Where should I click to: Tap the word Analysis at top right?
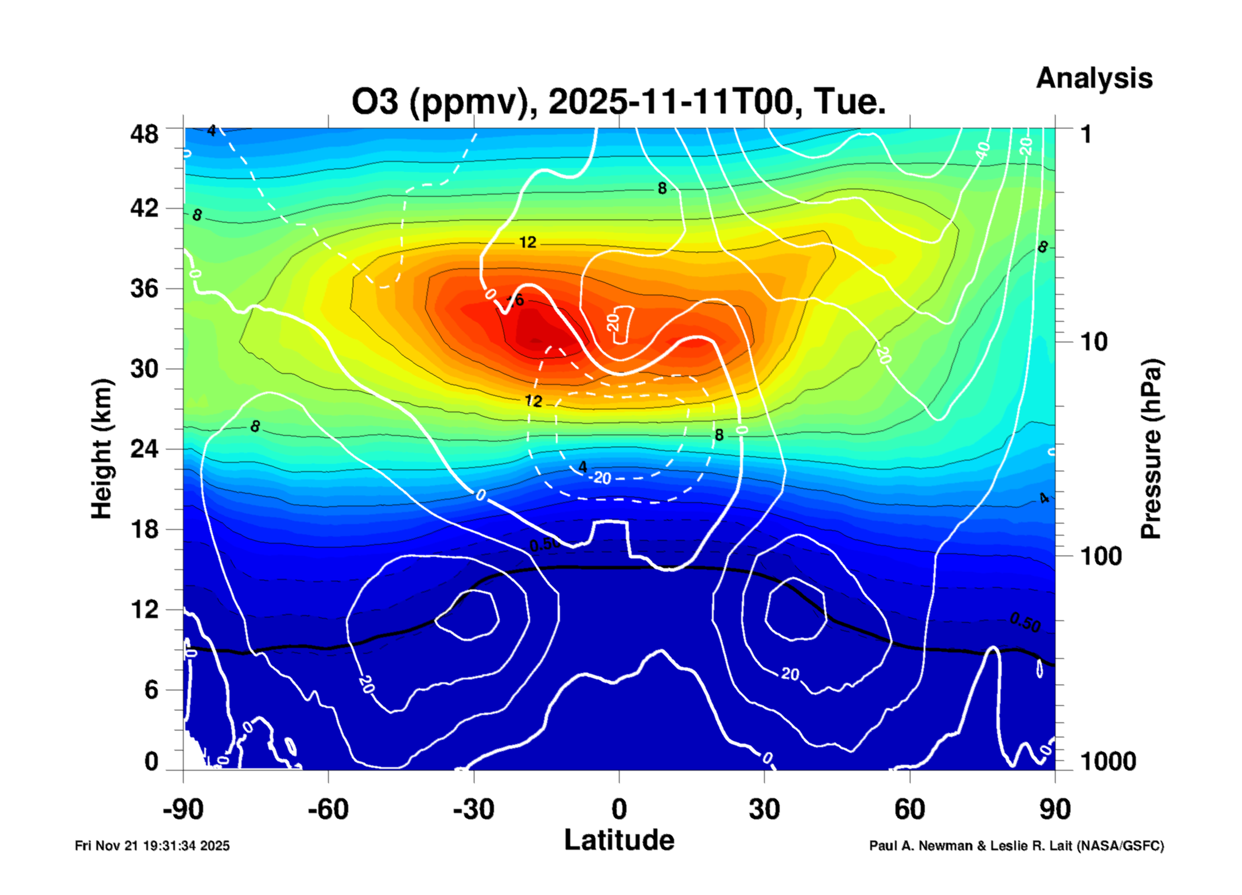point(1093,78)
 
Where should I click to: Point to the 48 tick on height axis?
point(144,134)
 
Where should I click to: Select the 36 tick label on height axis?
point(144,288)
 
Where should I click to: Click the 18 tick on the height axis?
point(144,529)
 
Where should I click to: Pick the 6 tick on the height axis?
point(151,690)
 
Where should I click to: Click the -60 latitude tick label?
point(328,810)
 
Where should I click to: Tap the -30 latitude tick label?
point(473,810)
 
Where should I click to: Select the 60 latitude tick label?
point(909,810)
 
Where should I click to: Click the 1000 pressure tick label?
point(1108,761)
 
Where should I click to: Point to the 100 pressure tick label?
point(1101,556)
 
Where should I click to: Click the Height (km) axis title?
point(102,449)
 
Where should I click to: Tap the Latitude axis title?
point(619,840)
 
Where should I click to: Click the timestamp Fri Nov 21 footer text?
point(152,846)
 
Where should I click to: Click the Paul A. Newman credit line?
point(1016,846)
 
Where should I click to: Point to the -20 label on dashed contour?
point(601,478)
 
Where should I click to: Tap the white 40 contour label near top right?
point(983,151)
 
